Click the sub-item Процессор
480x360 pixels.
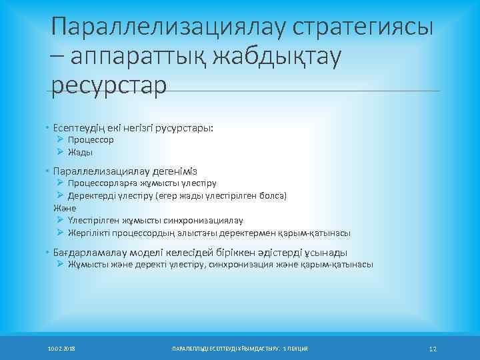coord(91,140)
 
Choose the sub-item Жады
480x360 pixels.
coord(80,152)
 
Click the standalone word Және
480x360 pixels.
coord(65,208)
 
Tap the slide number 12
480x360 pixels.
coord(432,349)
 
